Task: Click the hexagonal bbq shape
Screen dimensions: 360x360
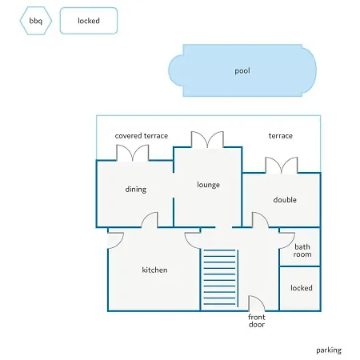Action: (x=35, y=21)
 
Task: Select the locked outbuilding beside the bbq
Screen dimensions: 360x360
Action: (x=89, y=21)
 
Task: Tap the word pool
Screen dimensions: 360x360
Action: (x=242, y=71)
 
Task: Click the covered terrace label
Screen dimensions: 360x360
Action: (x=142, y=136)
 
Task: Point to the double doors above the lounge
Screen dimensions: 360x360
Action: (x=207, y=139)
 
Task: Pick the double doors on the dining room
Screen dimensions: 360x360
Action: (x=133, y=153)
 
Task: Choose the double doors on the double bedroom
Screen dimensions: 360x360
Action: (x=282, y=165)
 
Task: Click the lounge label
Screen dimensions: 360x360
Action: (x=208, y=185)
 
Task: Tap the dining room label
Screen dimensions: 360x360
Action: (x=136, y=190)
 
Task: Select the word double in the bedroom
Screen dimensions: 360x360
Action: (x=285, y=200)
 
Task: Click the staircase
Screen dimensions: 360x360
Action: (x=219, y=278)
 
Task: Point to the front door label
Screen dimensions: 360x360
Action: (x=257, y=321)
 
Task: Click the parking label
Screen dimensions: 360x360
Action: (x=329, y=350)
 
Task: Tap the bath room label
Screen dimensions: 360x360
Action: (x=302, y=250)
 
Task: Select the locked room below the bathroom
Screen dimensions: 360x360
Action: (x=300, y=289)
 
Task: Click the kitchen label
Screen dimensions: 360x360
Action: (x=154, y=270)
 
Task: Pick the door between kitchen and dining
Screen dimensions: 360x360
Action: (x=150, y=220)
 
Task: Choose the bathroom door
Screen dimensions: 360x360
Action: (x=287, y=241)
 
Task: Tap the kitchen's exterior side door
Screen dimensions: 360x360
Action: (x=115, y=241)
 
